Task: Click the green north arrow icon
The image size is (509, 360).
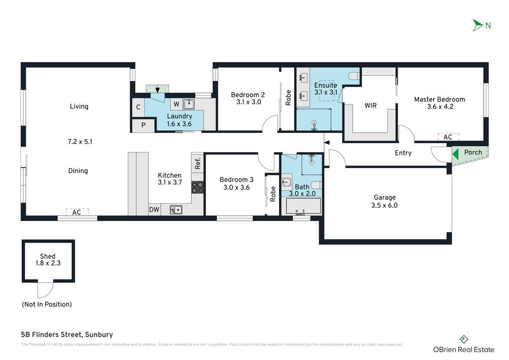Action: coord(477,25)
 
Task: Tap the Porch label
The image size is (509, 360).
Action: coord(473,152)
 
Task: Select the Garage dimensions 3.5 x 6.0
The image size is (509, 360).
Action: coord(385,206)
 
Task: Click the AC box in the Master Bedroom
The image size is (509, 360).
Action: coord(448,137)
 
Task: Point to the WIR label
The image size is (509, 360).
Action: coord(370,106)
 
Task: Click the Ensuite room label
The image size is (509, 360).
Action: coord(325,85)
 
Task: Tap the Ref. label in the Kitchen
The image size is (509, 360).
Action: coord(197,163)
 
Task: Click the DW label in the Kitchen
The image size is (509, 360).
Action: coord(154,209)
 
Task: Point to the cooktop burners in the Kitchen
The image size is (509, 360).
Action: coord(197,187)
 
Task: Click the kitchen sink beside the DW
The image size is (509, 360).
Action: coord(176,209)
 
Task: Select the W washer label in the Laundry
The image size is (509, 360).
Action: coord(176,104)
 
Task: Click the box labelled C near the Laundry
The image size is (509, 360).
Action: coord(138,107)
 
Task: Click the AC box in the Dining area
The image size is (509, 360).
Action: coord(77,211)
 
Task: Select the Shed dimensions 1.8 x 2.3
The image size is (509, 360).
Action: coord(48,263)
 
